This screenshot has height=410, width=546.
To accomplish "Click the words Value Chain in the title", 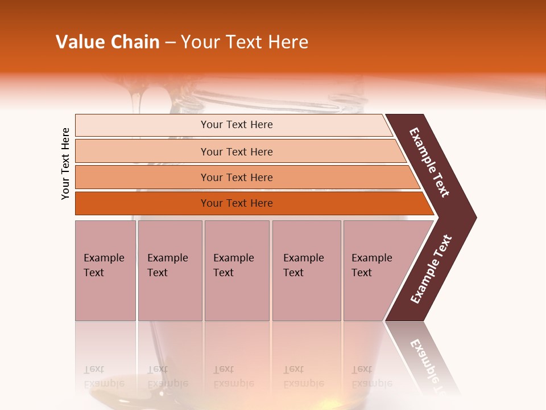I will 107,42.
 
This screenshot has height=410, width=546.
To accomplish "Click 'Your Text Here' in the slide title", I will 245,42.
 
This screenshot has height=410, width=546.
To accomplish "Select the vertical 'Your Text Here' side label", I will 65,163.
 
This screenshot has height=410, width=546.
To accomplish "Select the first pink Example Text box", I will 105,270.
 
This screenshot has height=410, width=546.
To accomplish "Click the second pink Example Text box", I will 169,270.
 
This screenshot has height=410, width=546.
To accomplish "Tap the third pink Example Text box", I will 237,270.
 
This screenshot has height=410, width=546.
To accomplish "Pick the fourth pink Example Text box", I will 307,270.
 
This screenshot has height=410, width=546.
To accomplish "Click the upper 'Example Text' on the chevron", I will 429,162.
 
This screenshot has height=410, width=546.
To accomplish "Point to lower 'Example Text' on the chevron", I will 431,269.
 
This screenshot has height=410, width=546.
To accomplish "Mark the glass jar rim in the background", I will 273,102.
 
